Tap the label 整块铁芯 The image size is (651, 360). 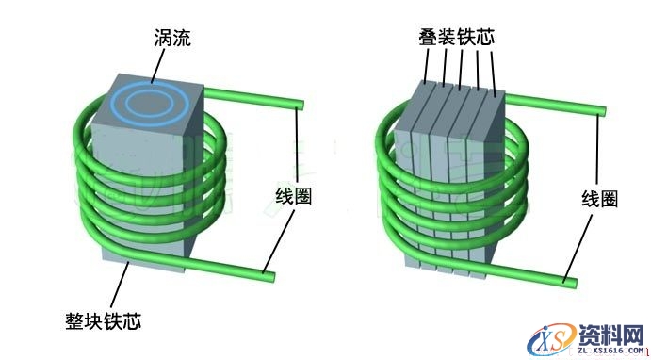coord(105,321)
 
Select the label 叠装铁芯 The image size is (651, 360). coord(456,38)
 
